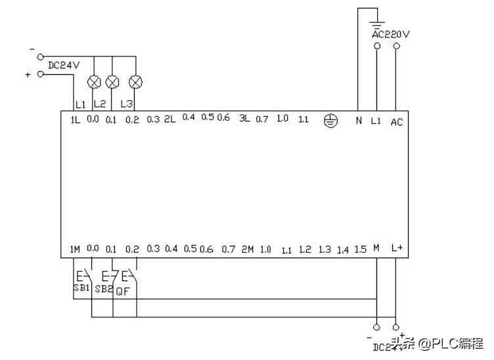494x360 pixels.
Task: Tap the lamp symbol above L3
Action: tap(135, 82)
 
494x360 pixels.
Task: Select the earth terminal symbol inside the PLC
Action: tap(332, 121)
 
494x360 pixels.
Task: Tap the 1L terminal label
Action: tap(75, 120)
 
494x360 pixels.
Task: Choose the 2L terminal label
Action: tap(169, 120)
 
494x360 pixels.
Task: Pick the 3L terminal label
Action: tap(244, 120)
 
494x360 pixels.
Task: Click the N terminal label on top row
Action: tap(359, 121)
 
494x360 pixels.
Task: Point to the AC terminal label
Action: tap(396, 122)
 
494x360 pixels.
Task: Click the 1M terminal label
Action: tap(75, 250)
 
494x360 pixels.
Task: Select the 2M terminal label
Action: tap(247, 250)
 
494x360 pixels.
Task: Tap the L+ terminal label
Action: tap(396, 248)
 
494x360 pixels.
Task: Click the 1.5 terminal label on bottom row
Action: tap(359, 250)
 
